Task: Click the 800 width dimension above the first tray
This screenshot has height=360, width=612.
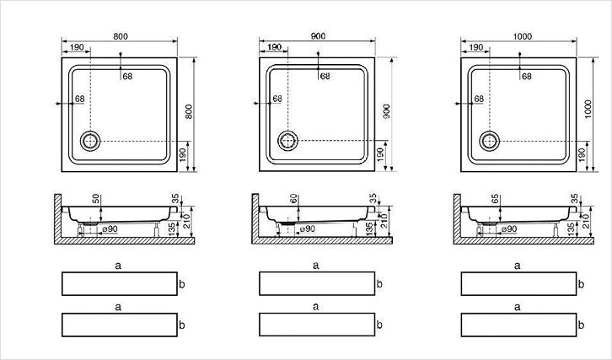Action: [121, 36]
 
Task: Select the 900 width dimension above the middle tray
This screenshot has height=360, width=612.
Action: [318, 36]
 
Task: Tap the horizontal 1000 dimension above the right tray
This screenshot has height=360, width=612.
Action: [523, 36]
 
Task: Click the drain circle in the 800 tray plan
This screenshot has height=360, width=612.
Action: [90, 141]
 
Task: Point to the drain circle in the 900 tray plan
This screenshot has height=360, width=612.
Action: [288, 141]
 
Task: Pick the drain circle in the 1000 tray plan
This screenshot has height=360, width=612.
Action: [490, 141]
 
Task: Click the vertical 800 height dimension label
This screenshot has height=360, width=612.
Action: [189, 111]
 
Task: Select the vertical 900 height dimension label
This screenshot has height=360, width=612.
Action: [386, 111]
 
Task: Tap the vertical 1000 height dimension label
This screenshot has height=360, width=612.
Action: [588, 110]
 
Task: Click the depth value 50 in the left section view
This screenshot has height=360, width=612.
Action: [96, 199]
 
